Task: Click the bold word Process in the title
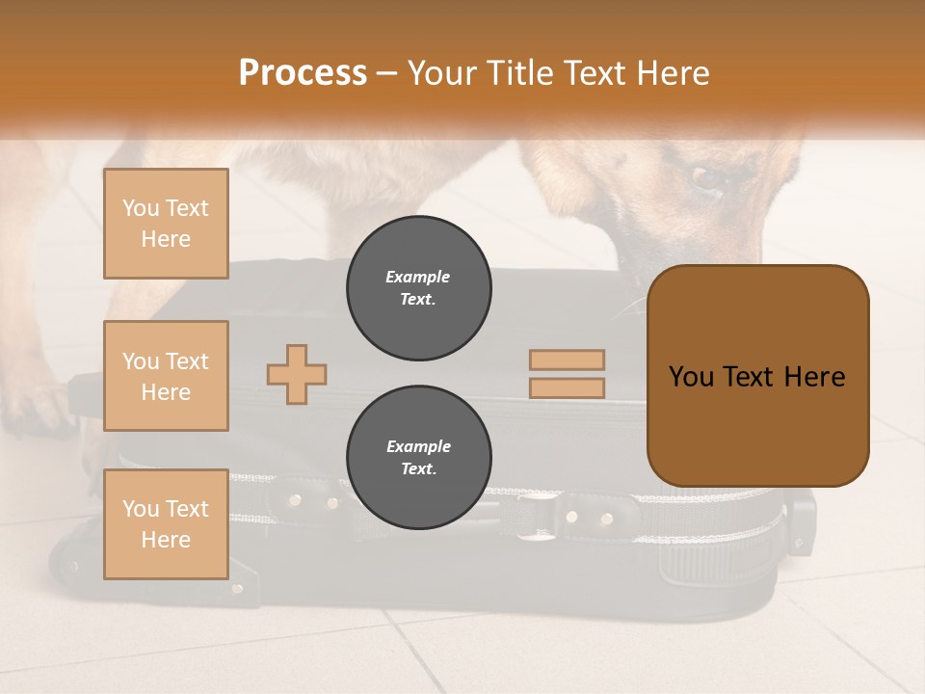point(303,73)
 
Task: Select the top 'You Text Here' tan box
point(166,224)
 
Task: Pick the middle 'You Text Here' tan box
point(166,376)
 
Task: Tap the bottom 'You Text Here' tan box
point(166,524)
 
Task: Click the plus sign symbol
point(297,374)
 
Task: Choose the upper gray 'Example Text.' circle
point(418,288)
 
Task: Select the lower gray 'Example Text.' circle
point(418,458)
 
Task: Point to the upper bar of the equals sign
point(567,360)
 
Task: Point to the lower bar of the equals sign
point(567,387)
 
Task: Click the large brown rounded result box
point(757,376)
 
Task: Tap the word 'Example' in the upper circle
point(418,277)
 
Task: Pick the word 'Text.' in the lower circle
point(418,469)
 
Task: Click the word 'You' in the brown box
point(691,377)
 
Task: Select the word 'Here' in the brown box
point(814,377)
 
